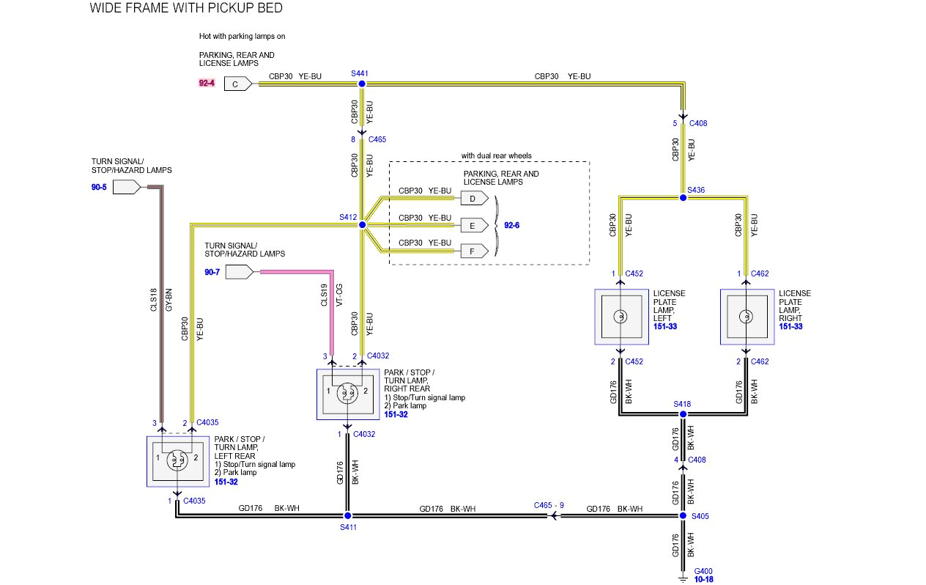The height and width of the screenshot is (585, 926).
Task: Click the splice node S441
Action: (360, 84)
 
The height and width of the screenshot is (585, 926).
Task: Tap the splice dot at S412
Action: (361, 225)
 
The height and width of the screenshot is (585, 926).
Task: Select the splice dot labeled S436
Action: (682, 197)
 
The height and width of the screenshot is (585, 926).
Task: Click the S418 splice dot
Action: (682, 414)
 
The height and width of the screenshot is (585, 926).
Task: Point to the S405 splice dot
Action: (682, 516)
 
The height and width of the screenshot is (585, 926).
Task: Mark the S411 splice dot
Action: (347, 516)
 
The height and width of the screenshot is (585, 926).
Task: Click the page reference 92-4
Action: (207, 84)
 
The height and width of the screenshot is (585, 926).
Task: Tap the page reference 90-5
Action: (99, 187)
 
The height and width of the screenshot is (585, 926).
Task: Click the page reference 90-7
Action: (212, 272)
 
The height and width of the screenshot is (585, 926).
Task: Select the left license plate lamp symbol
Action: (620, 317)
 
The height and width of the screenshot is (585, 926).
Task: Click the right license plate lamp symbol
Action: (746, 317)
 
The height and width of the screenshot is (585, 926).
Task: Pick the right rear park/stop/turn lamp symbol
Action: (347, 394)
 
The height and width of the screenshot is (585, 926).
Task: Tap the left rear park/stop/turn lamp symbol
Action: (177, 460)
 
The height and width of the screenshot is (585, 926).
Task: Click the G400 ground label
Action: (703, 571)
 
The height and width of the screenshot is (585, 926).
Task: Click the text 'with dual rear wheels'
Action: (496, 155)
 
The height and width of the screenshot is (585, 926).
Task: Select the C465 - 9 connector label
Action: (549, 505)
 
